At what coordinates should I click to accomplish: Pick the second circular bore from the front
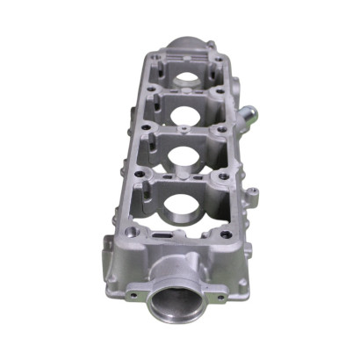tap(182, 158)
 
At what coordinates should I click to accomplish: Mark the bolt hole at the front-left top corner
tap(130, 233)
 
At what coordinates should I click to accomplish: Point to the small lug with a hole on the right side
tap(252, 191)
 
